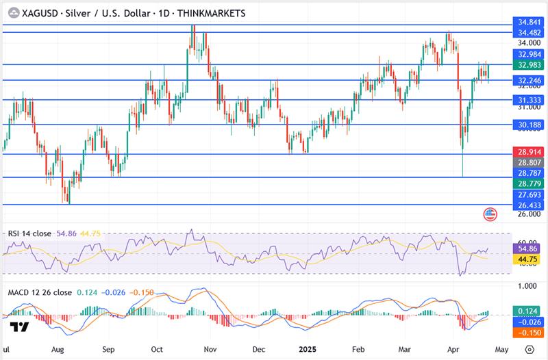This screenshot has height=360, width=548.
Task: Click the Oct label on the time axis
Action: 156,348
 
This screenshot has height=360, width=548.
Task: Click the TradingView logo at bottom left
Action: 20,327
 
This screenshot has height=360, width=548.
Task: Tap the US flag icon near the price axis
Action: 490,214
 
